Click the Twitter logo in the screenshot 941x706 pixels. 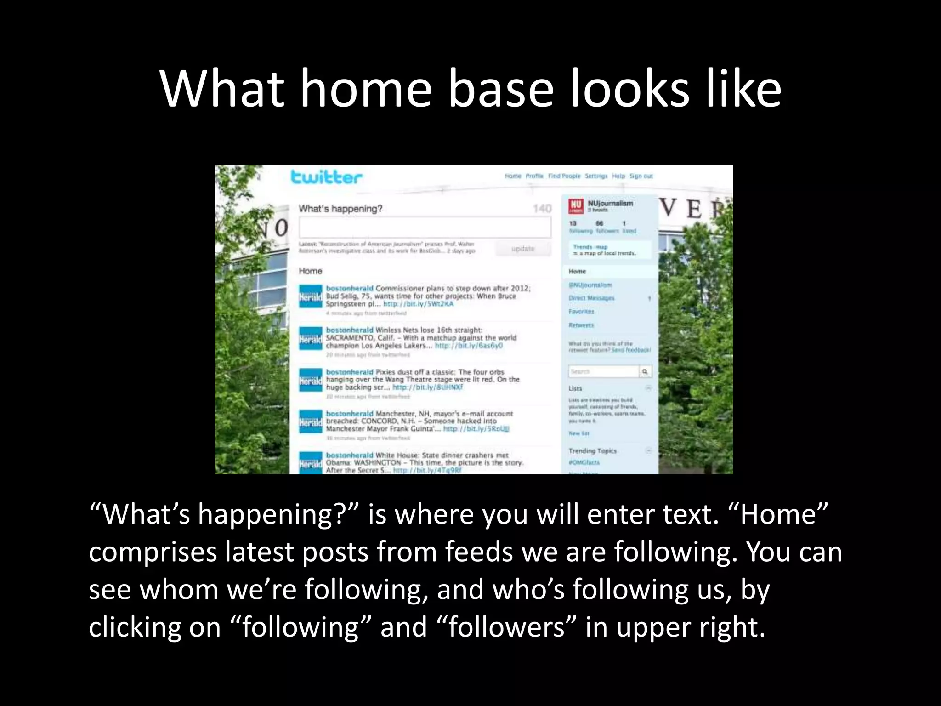326,177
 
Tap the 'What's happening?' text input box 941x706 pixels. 425,227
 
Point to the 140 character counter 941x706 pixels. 542,209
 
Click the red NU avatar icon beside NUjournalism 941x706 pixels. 576,206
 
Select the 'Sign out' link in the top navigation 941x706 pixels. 641,176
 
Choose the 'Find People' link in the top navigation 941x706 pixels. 564,176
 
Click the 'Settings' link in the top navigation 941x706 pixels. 596,176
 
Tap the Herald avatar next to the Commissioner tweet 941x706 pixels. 311,296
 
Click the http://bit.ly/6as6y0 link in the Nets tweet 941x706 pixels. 469,346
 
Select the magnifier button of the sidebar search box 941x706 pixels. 645,371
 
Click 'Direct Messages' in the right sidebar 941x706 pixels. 591,298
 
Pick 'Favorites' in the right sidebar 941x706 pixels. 581,312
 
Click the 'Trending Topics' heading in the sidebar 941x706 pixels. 592,451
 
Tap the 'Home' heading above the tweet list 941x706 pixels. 311,271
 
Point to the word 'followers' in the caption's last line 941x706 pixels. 506,627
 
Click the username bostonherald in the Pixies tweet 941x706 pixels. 350,372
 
